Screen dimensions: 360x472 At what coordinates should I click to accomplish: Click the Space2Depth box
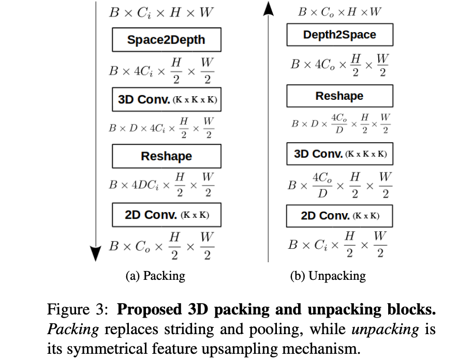pyautogui.click(x=166, y=40)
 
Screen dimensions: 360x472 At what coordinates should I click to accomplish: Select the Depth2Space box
pyautogui.click(x=340, y=35)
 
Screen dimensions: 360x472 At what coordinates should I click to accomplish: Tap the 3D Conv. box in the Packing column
pyautogui.click(x=166, y=99)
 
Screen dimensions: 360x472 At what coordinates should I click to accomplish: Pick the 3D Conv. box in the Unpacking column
pyautogui.click(x=340, y=154)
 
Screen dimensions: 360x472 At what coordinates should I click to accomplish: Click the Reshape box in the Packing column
pyautogui.click(x=166, y=156)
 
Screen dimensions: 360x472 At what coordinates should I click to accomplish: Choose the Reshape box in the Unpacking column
pyautogui.click(x=340, y=96)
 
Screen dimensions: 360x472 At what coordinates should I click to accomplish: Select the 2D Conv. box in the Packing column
pyautogui.click(x=166, y=215)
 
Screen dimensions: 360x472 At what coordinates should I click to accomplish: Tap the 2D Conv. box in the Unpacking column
pyautogui.click(x=340, y=216)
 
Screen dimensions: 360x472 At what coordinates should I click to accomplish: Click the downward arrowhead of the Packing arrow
pyautogui.click(x=96, y=253)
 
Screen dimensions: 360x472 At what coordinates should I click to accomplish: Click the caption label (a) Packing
pyautogui.click(x=155, y=276)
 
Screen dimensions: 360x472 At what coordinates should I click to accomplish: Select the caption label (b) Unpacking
pyautogui.click(x=328, y=276)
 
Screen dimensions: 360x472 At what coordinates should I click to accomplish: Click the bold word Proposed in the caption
pyautogui.click(x=148, y=310)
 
